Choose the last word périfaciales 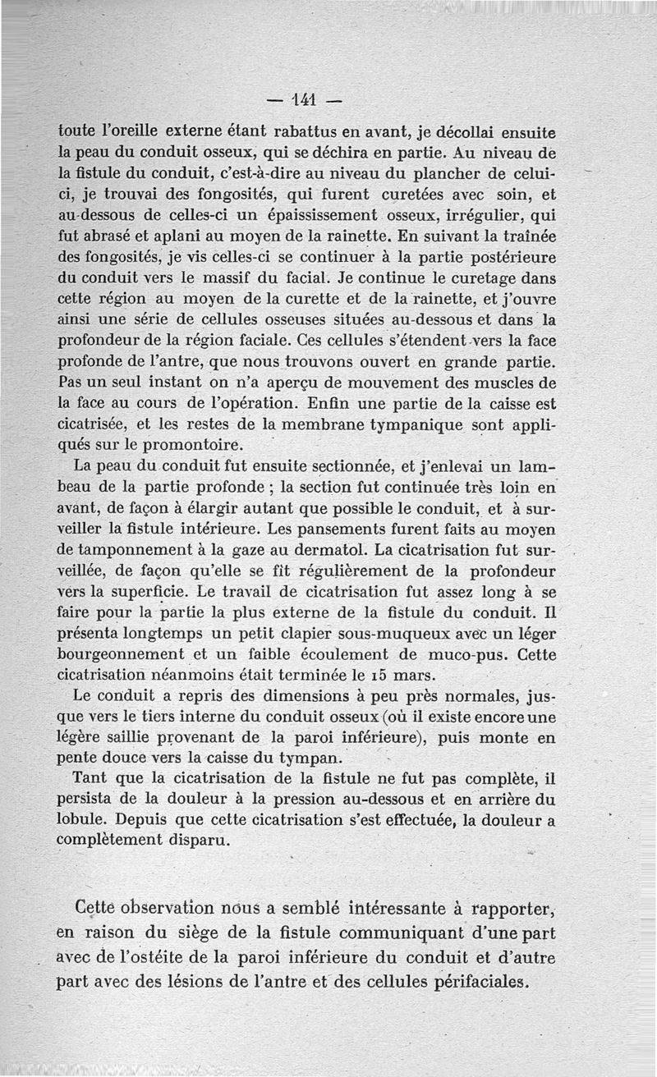tap(485, 983)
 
